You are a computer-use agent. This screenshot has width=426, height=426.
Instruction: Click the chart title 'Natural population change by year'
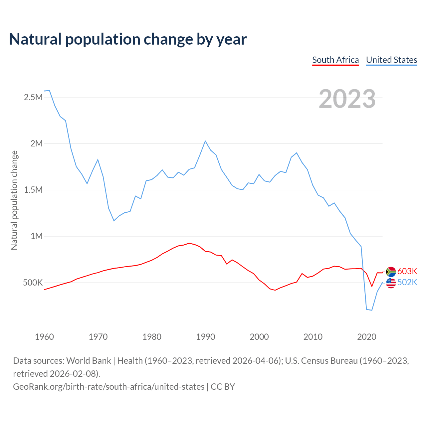tap(128, 39)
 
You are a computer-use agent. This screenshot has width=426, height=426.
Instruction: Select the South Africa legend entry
tap(335, 60)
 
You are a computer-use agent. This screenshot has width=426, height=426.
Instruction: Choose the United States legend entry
tap(391, 60)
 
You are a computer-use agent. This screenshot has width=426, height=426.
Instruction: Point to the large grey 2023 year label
tap(347, 99)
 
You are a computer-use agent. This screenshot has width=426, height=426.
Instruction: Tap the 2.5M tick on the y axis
tap(33, 98)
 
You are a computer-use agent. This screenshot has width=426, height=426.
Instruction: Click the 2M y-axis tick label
tap(36, 144)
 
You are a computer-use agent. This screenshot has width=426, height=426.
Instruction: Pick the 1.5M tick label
tap(33, 190)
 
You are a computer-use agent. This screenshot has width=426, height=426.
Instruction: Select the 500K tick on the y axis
tap(33, 283)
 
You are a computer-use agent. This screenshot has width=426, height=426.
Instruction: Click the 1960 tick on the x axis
tap(44, 337)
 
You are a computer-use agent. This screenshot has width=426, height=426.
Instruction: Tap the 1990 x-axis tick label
tap(205, 337)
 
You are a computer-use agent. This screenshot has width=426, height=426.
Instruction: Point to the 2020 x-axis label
tap(366, 337)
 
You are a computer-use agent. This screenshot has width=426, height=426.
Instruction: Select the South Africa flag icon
tap(391, 272)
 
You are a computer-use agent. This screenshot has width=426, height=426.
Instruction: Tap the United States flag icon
tap(391, 283)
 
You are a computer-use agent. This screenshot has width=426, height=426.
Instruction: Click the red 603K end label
tap(407, 271)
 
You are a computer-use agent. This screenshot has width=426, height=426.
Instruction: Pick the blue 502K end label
tap(407, 283)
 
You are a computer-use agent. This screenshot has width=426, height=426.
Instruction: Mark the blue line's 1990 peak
tap(205, 141)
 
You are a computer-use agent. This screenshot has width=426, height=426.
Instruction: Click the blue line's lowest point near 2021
tap(372, 310)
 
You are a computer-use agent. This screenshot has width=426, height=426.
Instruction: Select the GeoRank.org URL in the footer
tap(109, 387)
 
